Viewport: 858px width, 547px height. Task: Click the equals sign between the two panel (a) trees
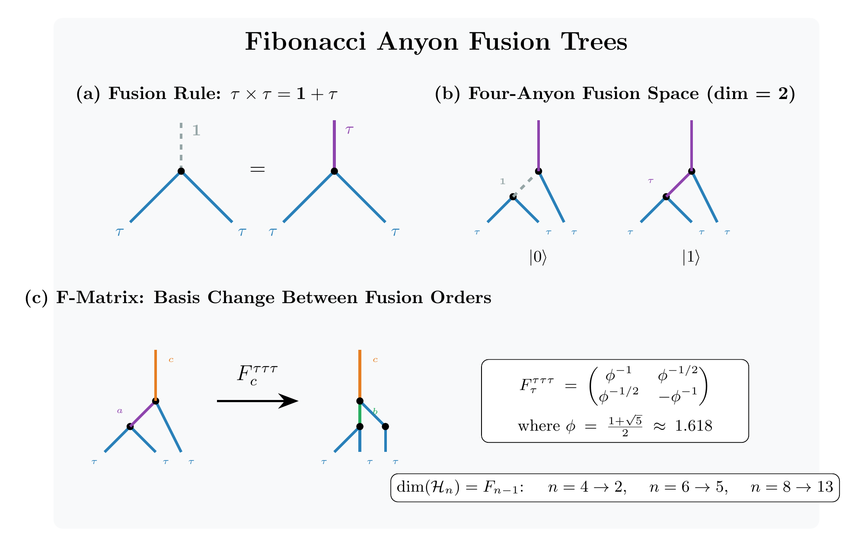pos(258,170)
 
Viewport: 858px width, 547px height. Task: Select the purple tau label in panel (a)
pos(349,130)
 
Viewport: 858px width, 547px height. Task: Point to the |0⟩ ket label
pos(538,257)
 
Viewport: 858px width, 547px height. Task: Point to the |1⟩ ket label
pos(691,257)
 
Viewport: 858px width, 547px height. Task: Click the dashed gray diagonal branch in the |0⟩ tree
pos(526,184)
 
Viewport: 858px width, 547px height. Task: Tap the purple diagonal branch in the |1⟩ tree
pos(679,184)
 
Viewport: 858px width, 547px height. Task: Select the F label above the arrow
pos(257,374)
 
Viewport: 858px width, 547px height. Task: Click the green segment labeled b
pos(360,414)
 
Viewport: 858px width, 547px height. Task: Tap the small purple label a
pos(120,411)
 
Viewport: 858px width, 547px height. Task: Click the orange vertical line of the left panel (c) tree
pos(156,374)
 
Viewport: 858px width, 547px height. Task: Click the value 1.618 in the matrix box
pos(693,426)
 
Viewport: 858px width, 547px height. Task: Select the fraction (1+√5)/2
pos(625,426)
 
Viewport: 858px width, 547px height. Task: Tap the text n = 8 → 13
pos(792,487)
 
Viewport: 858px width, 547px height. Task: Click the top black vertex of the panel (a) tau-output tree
pos(334,171)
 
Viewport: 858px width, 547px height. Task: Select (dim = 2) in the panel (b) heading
pos(751,94)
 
